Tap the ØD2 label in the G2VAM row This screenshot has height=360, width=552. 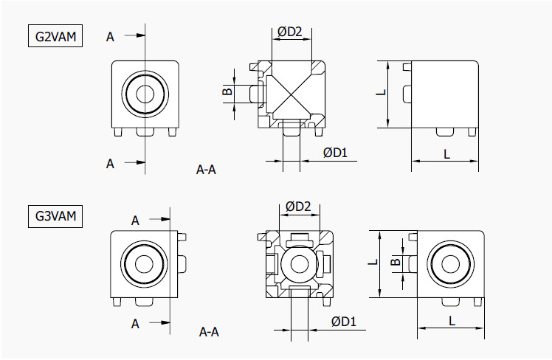click(290, 31)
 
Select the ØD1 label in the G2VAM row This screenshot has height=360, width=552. click(335, 152)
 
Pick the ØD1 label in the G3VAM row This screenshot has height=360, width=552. click(344, 321)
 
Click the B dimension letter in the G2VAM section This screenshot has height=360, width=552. click(227, 91)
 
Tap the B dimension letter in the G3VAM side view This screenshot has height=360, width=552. click(396, 262)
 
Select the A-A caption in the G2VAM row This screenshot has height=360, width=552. click(206, 170)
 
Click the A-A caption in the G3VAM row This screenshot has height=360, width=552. click(209, 332)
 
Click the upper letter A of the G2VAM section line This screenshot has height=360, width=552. click(110, 36)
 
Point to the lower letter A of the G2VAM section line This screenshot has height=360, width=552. click(110, 163)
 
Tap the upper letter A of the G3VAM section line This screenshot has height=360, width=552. click(136, 220)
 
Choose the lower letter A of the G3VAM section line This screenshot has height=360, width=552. click(136, 323)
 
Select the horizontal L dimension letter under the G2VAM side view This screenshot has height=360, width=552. click(446, 153)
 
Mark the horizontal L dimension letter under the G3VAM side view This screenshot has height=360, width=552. click(451, 320)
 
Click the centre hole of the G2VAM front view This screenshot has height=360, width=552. click(145, 94)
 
